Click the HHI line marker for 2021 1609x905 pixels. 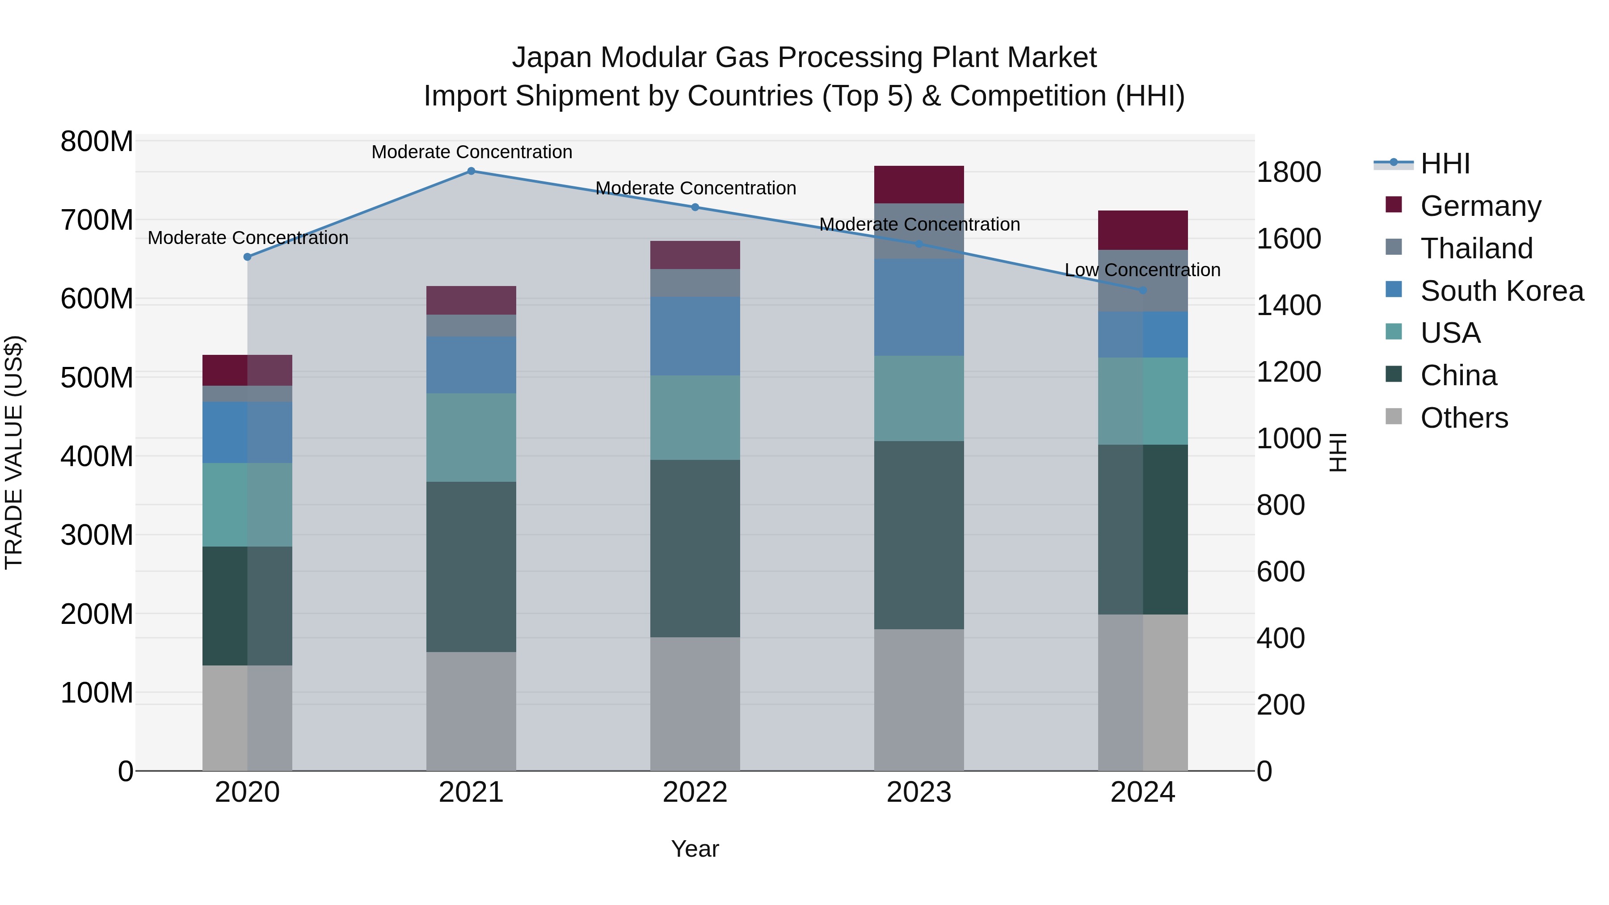471,171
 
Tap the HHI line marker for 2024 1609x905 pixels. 1143,290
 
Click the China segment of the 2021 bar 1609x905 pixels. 471,567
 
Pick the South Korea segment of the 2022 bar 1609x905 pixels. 695,336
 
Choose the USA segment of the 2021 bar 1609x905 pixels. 471,437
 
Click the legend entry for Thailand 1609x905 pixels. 1477,248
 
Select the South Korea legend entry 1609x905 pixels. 1502,291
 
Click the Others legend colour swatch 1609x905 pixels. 1394,417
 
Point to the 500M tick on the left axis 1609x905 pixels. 97,377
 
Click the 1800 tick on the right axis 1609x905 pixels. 1289,173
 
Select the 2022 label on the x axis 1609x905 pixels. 695,792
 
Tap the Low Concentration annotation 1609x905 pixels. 1142,270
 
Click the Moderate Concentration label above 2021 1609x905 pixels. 472,152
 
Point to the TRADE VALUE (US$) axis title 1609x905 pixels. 14,452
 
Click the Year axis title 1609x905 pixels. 695,849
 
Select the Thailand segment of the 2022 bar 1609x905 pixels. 695,283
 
